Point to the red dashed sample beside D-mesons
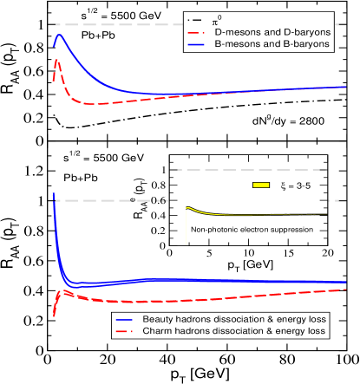click(x=198, y=32)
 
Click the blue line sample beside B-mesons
click(x=198, y=43)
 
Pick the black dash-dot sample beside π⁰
click(x=198, y=19)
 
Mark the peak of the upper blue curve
click(x=59, y=36)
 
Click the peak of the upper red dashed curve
click(x=57, y=60)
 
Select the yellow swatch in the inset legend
click(x=261, y=185)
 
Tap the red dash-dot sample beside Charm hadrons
click(x=126, y=331)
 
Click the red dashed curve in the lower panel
click(x=173, y=301)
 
